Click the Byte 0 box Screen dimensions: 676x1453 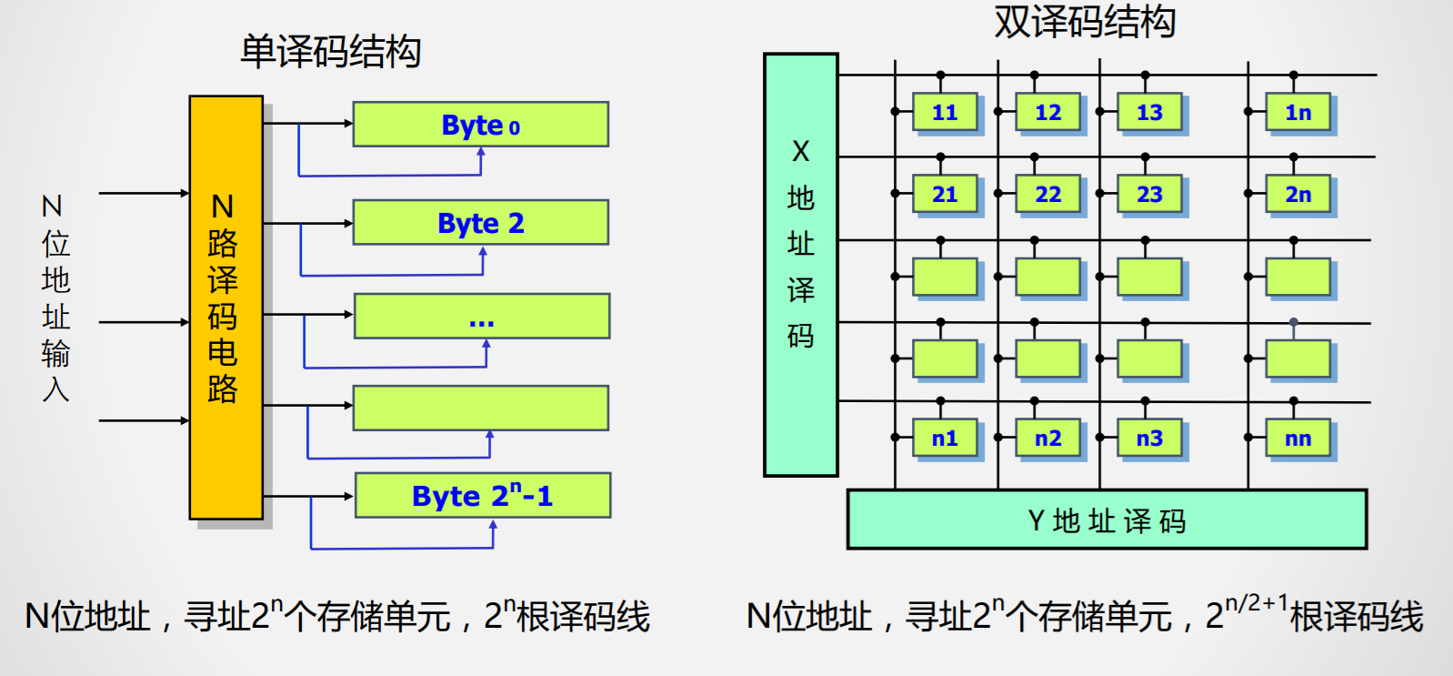pos(480,125)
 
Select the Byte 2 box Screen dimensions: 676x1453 pos(480,223)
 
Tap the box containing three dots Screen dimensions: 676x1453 pos(481,317)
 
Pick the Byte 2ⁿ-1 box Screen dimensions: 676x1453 pos(482,496)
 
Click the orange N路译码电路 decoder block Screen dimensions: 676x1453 pos(225,308)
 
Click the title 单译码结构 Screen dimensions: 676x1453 pos(330,52)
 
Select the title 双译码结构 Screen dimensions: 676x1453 pos(1084,21)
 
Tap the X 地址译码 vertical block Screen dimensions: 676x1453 pos(800,264)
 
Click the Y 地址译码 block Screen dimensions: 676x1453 pos(1106,520)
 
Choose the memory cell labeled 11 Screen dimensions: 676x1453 pos(945,113)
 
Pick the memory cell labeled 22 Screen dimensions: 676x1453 pos(1047,195)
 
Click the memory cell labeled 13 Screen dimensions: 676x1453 pos(1149,113)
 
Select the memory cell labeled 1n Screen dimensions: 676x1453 pos(1298,113)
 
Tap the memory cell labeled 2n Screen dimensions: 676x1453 pos(1298,195)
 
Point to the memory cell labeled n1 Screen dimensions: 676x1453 pos(945,439)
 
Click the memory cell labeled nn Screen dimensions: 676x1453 pos(1298,439)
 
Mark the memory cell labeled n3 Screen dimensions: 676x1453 pos(1149,439)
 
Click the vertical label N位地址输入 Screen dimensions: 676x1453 pos(55,298)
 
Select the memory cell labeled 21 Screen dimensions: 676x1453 pos(945,195)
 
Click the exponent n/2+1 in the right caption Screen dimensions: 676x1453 pos(1256,603)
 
